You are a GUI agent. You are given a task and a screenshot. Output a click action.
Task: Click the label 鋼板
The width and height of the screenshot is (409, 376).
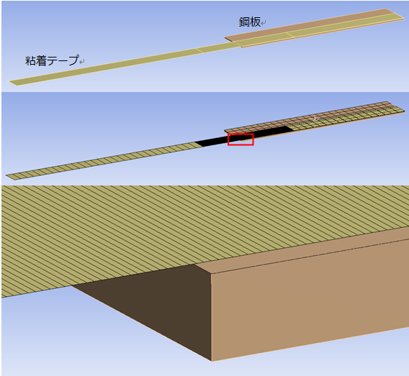click(250, 22)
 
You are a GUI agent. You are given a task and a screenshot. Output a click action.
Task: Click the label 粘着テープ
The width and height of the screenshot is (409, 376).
click(52, 60)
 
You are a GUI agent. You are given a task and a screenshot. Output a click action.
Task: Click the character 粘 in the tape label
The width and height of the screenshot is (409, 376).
click(30, 60)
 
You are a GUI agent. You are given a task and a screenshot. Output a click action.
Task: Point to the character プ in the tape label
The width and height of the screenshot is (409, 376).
click(73, 60)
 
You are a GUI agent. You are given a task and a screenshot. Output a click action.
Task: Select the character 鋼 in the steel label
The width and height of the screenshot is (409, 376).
click(244, 22)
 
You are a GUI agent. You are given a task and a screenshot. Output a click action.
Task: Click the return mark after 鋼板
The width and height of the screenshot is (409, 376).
click(264, 23)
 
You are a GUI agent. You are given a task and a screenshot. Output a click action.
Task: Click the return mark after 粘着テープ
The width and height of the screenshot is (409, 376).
click(81, 62)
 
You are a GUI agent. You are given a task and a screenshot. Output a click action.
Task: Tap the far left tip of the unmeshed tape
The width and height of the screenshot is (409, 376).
click(9, 82)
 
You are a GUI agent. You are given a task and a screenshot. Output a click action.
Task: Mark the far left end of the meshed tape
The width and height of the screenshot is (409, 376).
click(6, 175)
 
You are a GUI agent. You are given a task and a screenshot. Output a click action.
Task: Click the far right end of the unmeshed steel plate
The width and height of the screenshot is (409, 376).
click(404, 18)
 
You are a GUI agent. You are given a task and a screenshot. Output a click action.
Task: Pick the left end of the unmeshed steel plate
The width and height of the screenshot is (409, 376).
click(225, 38)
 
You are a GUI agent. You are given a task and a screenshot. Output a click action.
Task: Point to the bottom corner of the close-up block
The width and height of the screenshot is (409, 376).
click(211, 361)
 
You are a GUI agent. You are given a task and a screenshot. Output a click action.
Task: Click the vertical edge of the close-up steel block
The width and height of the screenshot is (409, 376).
click(211, 317)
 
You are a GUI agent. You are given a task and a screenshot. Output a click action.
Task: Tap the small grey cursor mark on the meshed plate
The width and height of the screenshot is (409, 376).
click(315, 119)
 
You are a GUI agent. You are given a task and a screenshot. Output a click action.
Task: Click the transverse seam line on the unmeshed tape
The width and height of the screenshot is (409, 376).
click(199, 50)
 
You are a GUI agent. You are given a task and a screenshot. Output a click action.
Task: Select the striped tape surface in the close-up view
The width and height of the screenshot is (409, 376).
click(183, 229)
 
